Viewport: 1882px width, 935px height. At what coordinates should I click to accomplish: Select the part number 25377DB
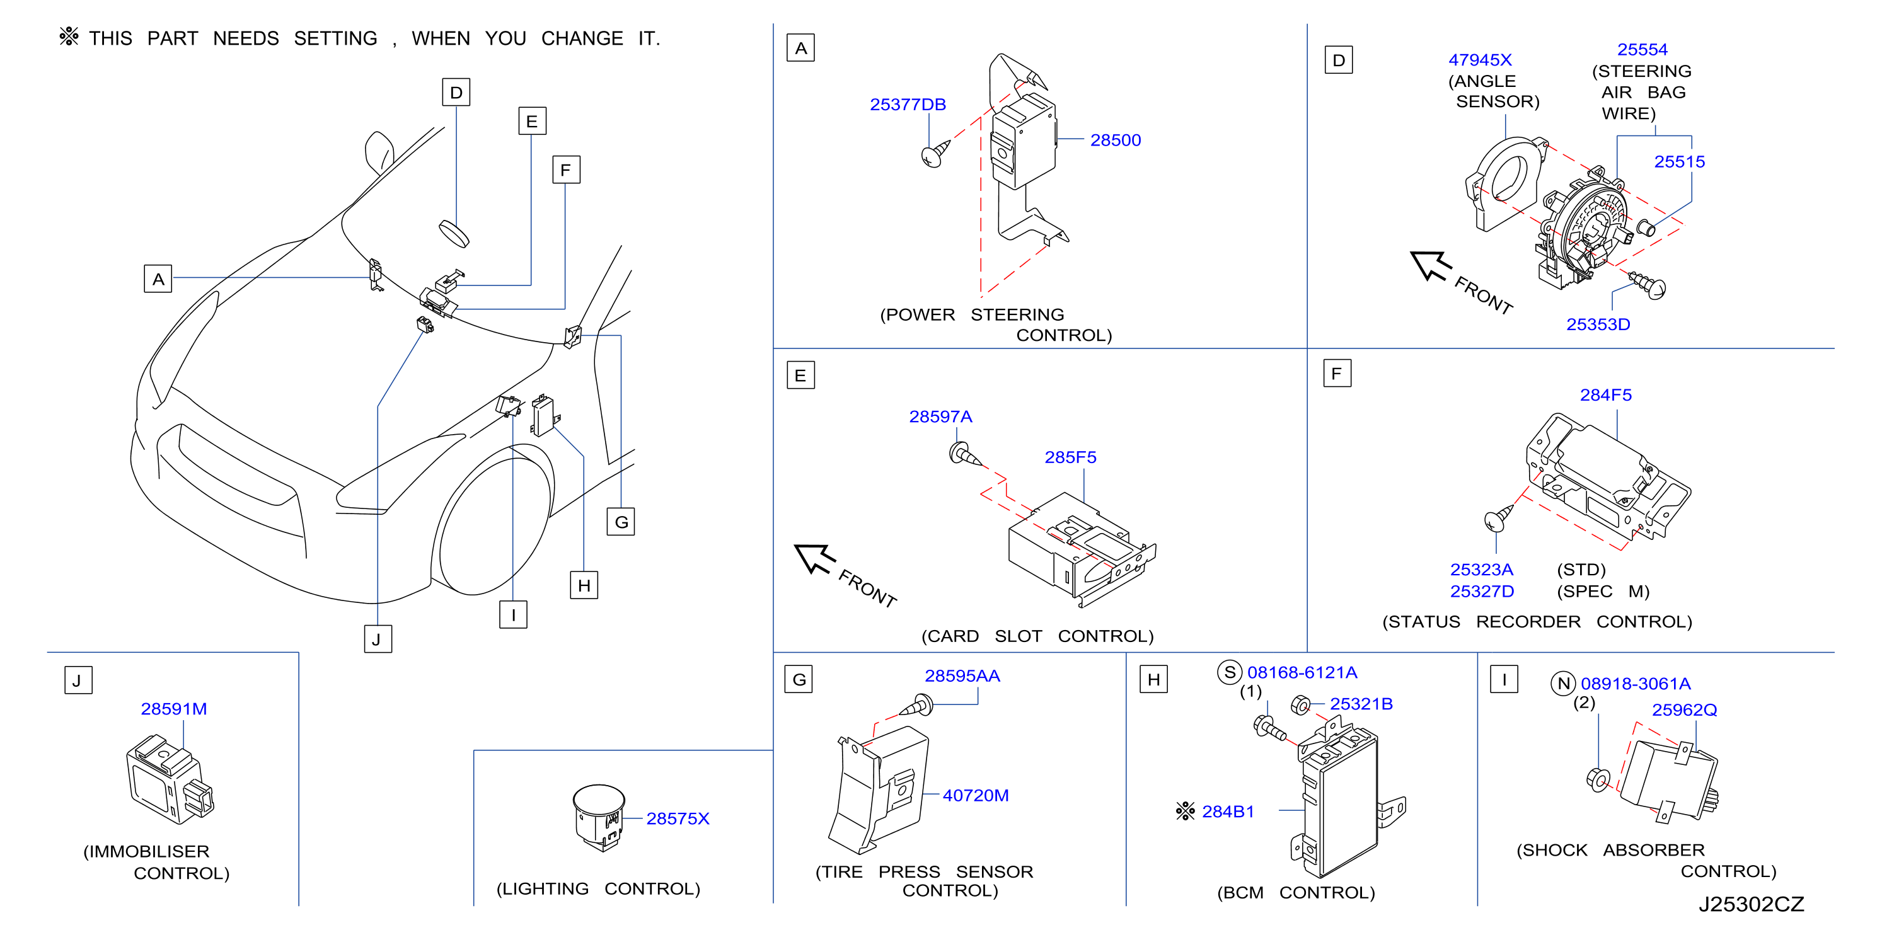click(x=908, y=105)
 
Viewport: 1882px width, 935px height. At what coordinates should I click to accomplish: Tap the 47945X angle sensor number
click(x=1479, y=60)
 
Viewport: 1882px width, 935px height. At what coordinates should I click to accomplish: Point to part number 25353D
click(x=1598, y=324)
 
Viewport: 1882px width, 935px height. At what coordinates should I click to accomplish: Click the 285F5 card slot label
click(x=1070, y=457)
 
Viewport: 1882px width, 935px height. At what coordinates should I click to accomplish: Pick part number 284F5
click(x=1605, y=395)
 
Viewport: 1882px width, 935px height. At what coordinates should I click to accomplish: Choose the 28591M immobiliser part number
click(x=174, y=709)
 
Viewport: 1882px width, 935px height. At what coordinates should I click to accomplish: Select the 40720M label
click(x=975, y=796)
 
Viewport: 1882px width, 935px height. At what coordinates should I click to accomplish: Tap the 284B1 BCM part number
click(x=1227, y=812)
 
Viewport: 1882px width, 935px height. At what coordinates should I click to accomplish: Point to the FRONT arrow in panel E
click(x=814, y=558)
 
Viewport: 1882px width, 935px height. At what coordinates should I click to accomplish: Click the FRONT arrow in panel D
click(x=1431, y=266)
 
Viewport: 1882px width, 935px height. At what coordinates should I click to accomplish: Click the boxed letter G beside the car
click(x=621, y=522)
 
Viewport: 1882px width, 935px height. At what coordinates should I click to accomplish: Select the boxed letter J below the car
click(x=378, y=639)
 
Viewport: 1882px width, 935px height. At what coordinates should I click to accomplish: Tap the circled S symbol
click(x=1230, y=672)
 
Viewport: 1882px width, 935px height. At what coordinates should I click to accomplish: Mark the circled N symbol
click(x=1564, y=684)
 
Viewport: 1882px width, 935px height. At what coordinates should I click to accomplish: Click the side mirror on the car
click(x=379, y=152)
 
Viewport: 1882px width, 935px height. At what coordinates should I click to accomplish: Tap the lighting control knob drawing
click(x=598, y=817)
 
